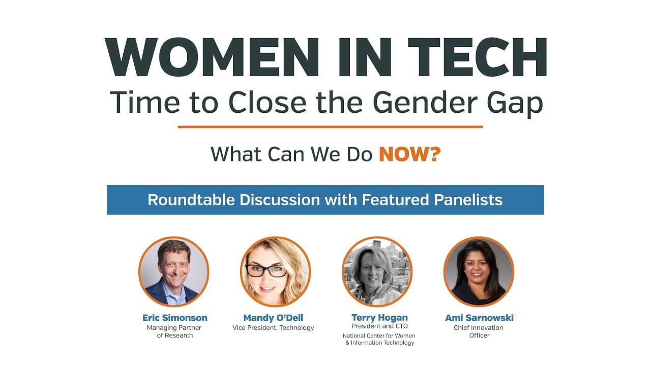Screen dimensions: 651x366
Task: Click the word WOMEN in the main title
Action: tap(212, 57)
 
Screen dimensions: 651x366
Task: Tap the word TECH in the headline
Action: tap(477, 57)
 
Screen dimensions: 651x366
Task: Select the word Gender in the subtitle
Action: tap(425, 102)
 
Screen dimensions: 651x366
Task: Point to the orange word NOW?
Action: tap(410, 154)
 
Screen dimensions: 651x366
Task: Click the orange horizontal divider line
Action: tap(331, 127)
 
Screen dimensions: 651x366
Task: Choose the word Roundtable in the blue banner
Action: tap(191, 200)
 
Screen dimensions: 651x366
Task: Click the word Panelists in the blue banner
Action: tap(468, 200)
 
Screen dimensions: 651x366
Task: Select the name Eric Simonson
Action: tap(174, 318)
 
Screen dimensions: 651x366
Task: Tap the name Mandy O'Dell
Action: tap(273, 318)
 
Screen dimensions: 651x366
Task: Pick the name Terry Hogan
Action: tap(379, 318)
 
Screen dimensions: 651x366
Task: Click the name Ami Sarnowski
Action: tap(479, 318)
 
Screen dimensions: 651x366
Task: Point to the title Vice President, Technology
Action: tap(273, 328)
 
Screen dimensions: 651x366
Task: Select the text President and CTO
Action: tap(379, 326)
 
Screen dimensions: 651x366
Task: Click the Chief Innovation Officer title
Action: tap(479, 331)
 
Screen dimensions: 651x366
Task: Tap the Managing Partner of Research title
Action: tap(174, 331)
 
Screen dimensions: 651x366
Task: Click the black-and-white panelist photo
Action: tap(377, 271)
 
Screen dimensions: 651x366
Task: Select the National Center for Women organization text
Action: tap(379, 339)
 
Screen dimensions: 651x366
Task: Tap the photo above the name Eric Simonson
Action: tap(174, 271)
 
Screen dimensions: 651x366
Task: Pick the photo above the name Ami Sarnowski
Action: tap(479, 271)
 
